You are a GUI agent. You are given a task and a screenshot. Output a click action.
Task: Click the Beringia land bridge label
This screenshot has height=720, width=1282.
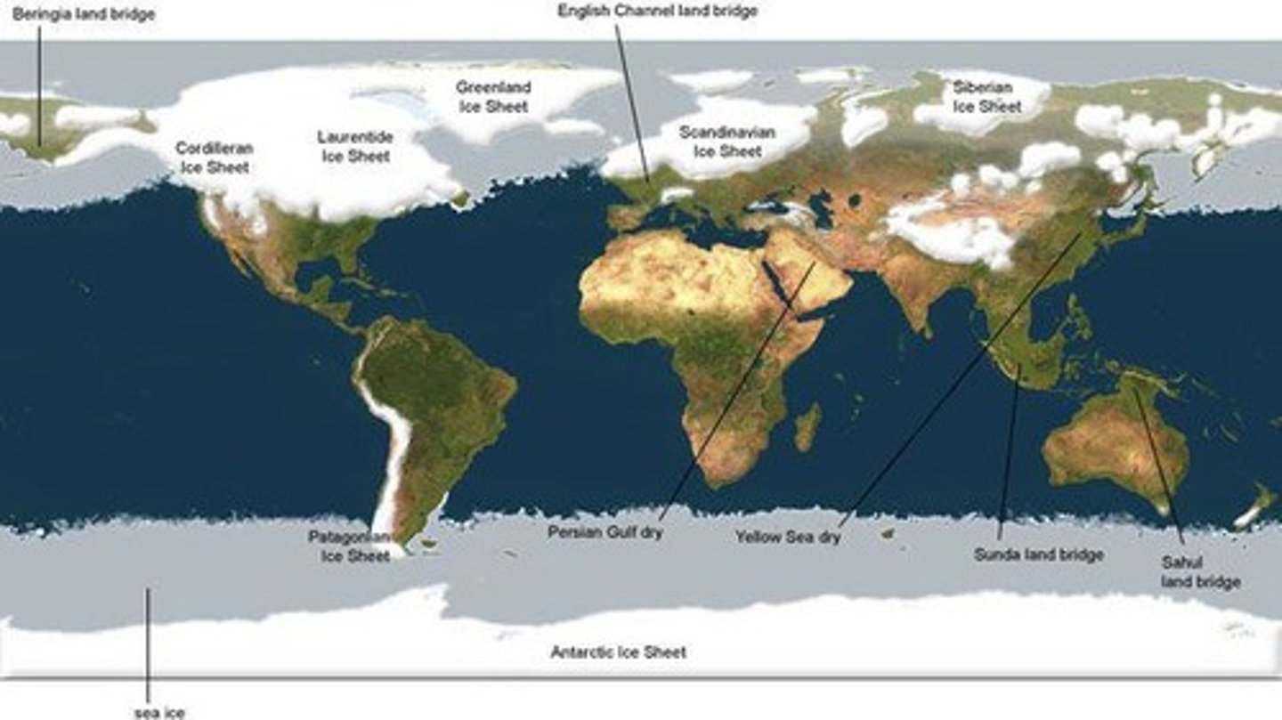point(83,14)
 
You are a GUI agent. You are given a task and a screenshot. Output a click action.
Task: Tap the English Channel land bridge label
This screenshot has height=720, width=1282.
point(657,11)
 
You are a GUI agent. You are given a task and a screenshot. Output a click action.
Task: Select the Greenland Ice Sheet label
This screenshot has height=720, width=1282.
point(493,97)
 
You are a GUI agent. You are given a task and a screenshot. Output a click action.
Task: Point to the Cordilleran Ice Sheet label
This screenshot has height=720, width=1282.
point(214,157)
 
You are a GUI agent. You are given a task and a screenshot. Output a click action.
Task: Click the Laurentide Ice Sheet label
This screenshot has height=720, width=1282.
point(355,147)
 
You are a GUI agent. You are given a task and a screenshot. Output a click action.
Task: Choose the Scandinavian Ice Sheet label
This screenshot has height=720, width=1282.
point(727,142)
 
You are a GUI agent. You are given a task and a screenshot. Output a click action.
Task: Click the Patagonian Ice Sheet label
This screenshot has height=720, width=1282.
point(350,546)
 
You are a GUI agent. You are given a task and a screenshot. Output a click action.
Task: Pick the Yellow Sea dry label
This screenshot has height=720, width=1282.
point(788,538)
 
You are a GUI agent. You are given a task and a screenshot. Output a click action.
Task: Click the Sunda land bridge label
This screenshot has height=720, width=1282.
point(1038,554)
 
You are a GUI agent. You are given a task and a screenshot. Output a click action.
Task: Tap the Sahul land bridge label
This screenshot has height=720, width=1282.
point(1200,572)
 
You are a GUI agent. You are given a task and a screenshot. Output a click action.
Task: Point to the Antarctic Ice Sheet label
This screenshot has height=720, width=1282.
point(618,652)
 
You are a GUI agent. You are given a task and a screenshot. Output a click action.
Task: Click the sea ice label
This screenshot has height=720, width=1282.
point(159,712)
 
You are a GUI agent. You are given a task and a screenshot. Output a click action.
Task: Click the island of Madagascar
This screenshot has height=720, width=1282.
point(807,427)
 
